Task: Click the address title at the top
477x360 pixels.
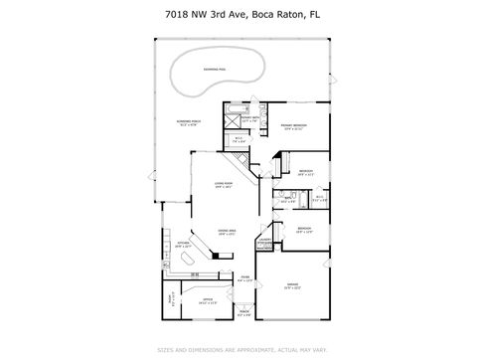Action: click(238, 14)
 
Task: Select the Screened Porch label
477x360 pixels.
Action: click(187, 123)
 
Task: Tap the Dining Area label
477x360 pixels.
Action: click(227, 232)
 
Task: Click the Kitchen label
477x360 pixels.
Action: click(182, 245)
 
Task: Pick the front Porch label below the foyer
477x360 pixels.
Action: click(244, 313)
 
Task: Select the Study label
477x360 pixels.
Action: click(170, 303)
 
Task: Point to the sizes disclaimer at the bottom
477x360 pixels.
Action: click(238, 350)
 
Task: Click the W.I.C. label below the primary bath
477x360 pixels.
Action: click(239, 141)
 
